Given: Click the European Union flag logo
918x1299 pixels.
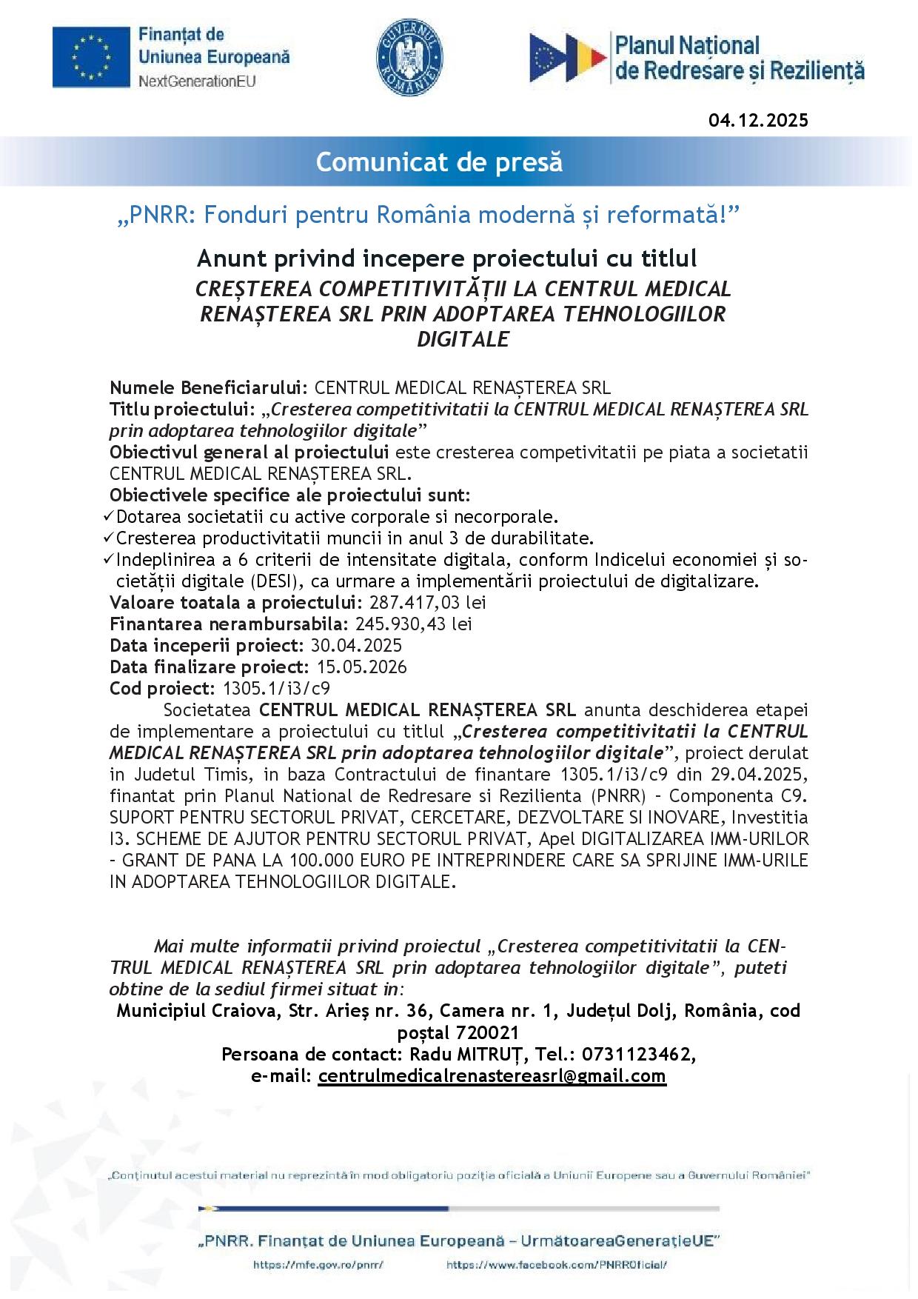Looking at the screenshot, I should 90,58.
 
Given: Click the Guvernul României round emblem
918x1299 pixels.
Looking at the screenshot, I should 409,58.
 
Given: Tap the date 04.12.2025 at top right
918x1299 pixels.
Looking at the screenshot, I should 758,120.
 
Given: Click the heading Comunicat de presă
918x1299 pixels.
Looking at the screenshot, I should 439,161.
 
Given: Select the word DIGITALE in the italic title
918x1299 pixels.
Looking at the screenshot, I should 463,339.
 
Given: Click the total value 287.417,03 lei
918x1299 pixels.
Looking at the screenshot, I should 427,602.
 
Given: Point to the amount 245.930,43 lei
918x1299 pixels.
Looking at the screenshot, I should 414,624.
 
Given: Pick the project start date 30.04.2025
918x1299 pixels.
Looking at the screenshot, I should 356,645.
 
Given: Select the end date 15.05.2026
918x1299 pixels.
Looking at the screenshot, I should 361,667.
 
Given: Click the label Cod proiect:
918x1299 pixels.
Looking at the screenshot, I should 162,688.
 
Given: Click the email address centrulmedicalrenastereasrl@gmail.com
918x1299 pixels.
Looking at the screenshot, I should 492,1075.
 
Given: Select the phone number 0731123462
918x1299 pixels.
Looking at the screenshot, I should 643,1054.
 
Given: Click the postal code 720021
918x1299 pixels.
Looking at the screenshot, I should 489,1032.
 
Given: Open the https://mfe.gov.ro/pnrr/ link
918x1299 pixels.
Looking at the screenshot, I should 318,1265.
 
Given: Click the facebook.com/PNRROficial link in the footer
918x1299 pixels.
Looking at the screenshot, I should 557,1265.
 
